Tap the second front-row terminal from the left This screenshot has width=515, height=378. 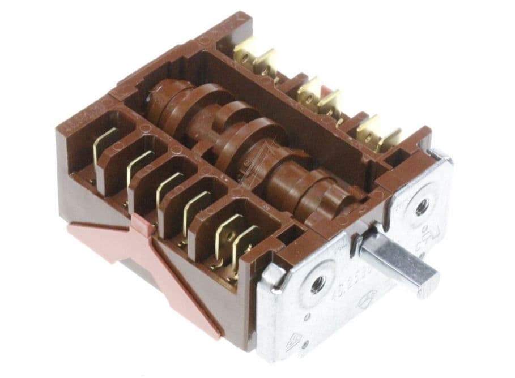(x=138, y=166)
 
